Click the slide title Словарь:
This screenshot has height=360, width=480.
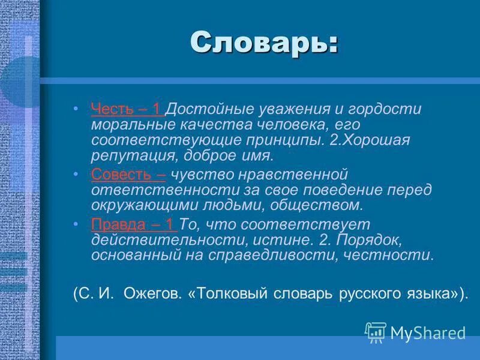click(x=264, y=43)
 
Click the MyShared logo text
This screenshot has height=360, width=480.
click(x=428, y=332)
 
